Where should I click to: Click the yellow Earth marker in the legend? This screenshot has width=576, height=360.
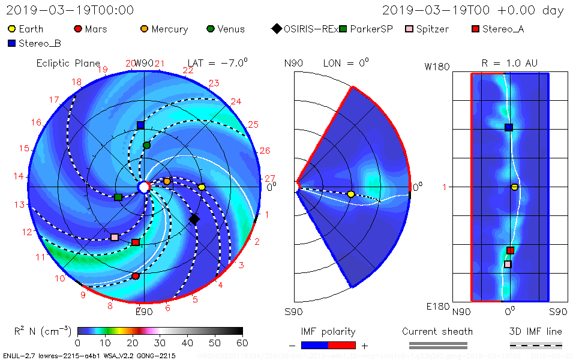12,29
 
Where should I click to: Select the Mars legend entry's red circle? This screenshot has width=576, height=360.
77,29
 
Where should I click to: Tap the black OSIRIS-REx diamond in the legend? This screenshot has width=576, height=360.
277,29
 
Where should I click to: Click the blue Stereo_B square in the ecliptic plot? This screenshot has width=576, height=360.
140,125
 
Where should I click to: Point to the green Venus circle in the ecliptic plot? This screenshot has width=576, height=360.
146,145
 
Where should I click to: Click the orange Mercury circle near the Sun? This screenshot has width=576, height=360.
167,181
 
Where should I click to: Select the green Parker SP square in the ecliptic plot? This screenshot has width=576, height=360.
118,197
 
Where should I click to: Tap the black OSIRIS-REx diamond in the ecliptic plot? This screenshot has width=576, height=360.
194,220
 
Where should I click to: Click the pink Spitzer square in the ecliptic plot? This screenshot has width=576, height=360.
115,238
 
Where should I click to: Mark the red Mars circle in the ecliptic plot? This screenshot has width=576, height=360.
136,276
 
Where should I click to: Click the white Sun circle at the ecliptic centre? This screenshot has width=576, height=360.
144,187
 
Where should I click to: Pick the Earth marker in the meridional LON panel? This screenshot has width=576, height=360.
351,194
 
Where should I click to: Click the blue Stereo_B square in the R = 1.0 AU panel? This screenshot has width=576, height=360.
509,127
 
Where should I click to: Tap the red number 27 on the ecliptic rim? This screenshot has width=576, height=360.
269,178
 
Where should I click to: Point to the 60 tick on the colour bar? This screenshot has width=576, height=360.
242,343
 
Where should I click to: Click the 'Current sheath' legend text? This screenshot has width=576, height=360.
437,331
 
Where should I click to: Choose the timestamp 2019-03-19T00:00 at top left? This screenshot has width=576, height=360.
70,10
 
